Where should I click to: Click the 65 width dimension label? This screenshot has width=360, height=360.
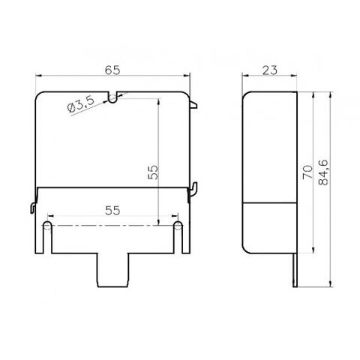[x=112, y=70]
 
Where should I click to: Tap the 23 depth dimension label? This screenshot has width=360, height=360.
[x=270, y=70]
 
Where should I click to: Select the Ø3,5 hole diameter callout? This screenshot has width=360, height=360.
[x=81, y=104]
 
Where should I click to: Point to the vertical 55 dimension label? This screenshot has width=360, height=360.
[x=153, y=172]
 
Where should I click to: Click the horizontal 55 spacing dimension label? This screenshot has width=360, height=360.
[x=112, y=211]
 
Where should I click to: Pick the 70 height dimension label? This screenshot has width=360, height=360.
[x=307, y=172]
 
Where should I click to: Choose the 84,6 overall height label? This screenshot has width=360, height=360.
[x=324, y=172]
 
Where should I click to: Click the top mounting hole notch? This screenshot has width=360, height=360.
[x=112, y=98]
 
